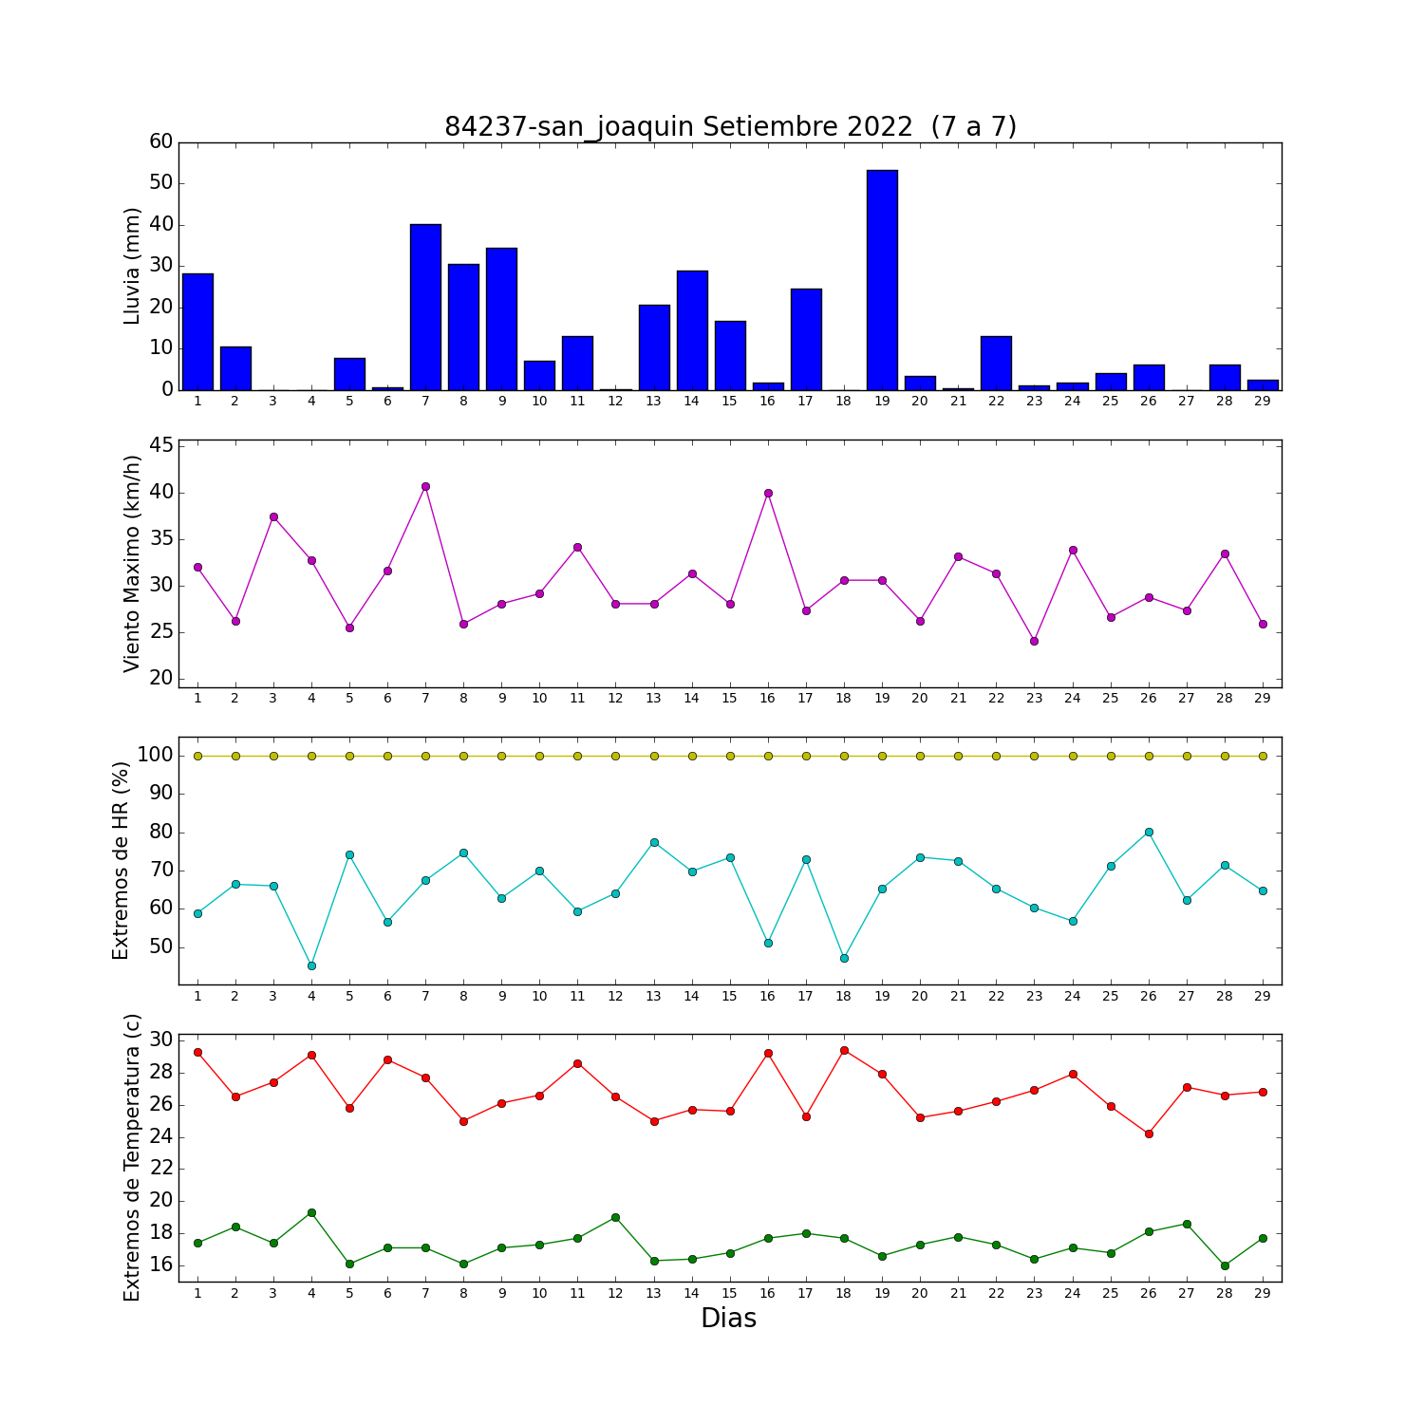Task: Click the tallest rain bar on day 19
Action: click(882, 280)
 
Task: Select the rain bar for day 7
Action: click(425, 307)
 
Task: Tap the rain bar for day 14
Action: click(692, 330)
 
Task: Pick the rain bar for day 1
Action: click(197, 331)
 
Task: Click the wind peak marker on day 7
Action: click(425, 486)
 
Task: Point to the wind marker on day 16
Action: click(768, 493)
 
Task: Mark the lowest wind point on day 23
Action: click(1034, 641)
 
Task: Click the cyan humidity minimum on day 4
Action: click(311, 965)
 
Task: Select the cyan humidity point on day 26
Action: click(1149, 832)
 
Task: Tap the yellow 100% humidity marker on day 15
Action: click(730, 756)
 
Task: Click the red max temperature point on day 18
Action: click(844, 1050)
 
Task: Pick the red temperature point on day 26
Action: click(1149, 1134)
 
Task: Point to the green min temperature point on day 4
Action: click(311, 1212)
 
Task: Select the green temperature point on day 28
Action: click(1225, 1265)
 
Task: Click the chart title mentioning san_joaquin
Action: click(730, 127)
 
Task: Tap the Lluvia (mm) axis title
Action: click(132, 266)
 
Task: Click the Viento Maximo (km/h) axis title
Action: click(132, 564)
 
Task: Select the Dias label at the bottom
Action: click(729, 1318)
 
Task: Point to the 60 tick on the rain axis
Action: click(161, 141)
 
